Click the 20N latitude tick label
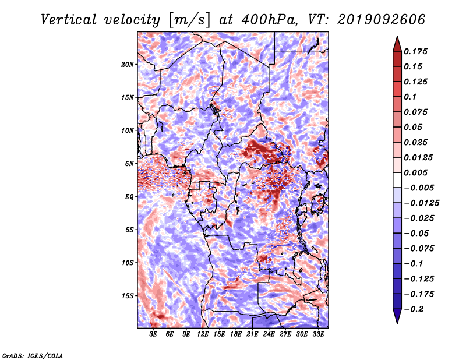click(128, 65)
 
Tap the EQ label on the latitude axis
click(129, 197)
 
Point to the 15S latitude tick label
click(128, 296)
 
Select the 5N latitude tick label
click(129, 164)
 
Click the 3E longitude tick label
click(153, 334)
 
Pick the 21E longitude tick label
click(252, 334)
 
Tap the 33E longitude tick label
click(318, 334)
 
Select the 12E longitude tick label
click(202, 334)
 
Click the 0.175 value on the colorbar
click(415, 51)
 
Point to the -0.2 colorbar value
click(414, 309)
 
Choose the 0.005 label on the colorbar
click(415, 172)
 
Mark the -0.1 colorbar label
click(414, 264)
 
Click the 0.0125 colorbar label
click(418, 157)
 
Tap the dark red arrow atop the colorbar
click(397, 44)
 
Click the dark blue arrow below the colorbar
click(397, 316)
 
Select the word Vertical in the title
click(69, 20)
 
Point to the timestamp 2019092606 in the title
click(382, 20)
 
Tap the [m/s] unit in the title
click(189, 20)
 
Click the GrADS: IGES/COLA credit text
click(33, 356)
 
